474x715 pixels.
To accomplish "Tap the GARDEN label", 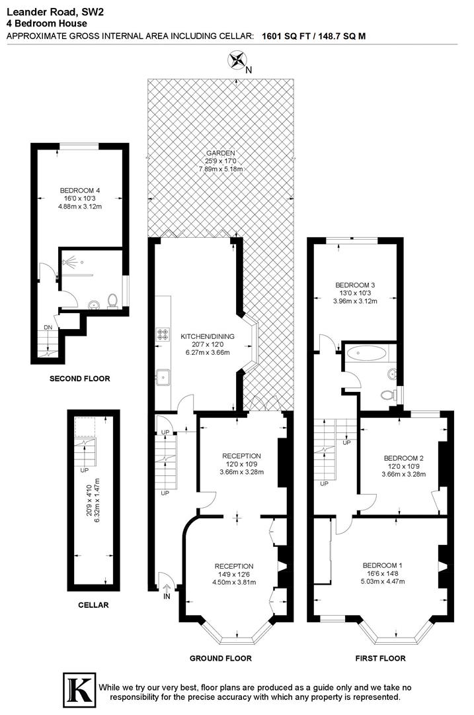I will (220, 153).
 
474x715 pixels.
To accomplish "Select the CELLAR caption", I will (93, 604).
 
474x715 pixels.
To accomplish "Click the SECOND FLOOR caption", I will (79, 379).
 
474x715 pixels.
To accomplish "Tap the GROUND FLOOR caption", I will (220, 658).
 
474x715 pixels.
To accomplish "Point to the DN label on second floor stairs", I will (48, 327).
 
